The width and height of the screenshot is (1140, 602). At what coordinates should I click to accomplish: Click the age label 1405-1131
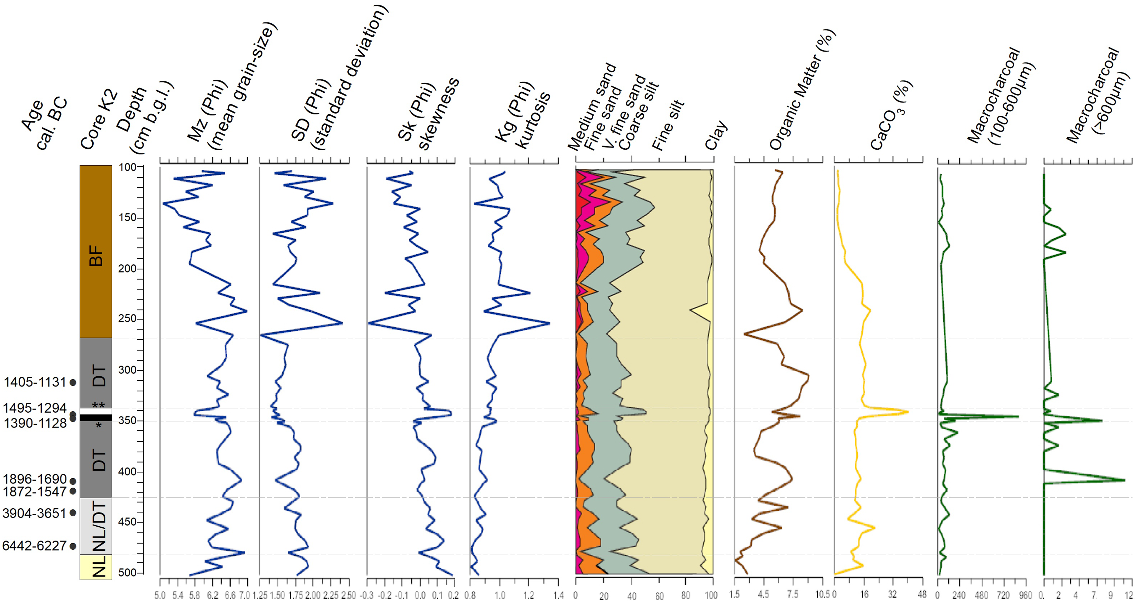[35, 382]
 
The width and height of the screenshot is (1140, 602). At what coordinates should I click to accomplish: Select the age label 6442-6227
[34, 546]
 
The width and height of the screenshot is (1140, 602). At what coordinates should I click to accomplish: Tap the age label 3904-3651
[34, 513]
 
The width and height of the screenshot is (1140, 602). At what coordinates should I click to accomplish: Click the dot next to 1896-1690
[73, 481]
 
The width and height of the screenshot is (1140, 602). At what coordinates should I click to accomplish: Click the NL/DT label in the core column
[100, 526]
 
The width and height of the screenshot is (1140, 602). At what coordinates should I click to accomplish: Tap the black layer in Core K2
[96, 417]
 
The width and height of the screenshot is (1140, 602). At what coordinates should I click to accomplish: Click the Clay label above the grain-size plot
[716, 135]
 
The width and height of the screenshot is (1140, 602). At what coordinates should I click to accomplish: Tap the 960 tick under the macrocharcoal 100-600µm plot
[1025, 595]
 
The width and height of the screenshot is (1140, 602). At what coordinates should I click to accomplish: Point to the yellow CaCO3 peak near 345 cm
[908, 412]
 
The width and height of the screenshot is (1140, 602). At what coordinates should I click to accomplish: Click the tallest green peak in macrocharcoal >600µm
[1124, 480]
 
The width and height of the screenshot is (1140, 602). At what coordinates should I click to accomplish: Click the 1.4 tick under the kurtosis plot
[558, 595]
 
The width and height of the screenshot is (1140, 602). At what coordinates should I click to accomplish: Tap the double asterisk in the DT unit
[98, 405]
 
